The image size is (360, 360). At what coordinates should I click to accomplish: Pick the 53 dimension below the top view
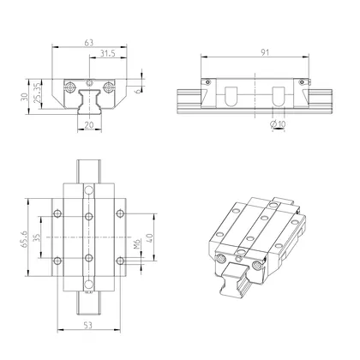[89, 326]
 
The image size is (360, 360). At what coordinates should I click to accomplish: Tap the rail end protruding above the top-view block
[89, 169]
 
